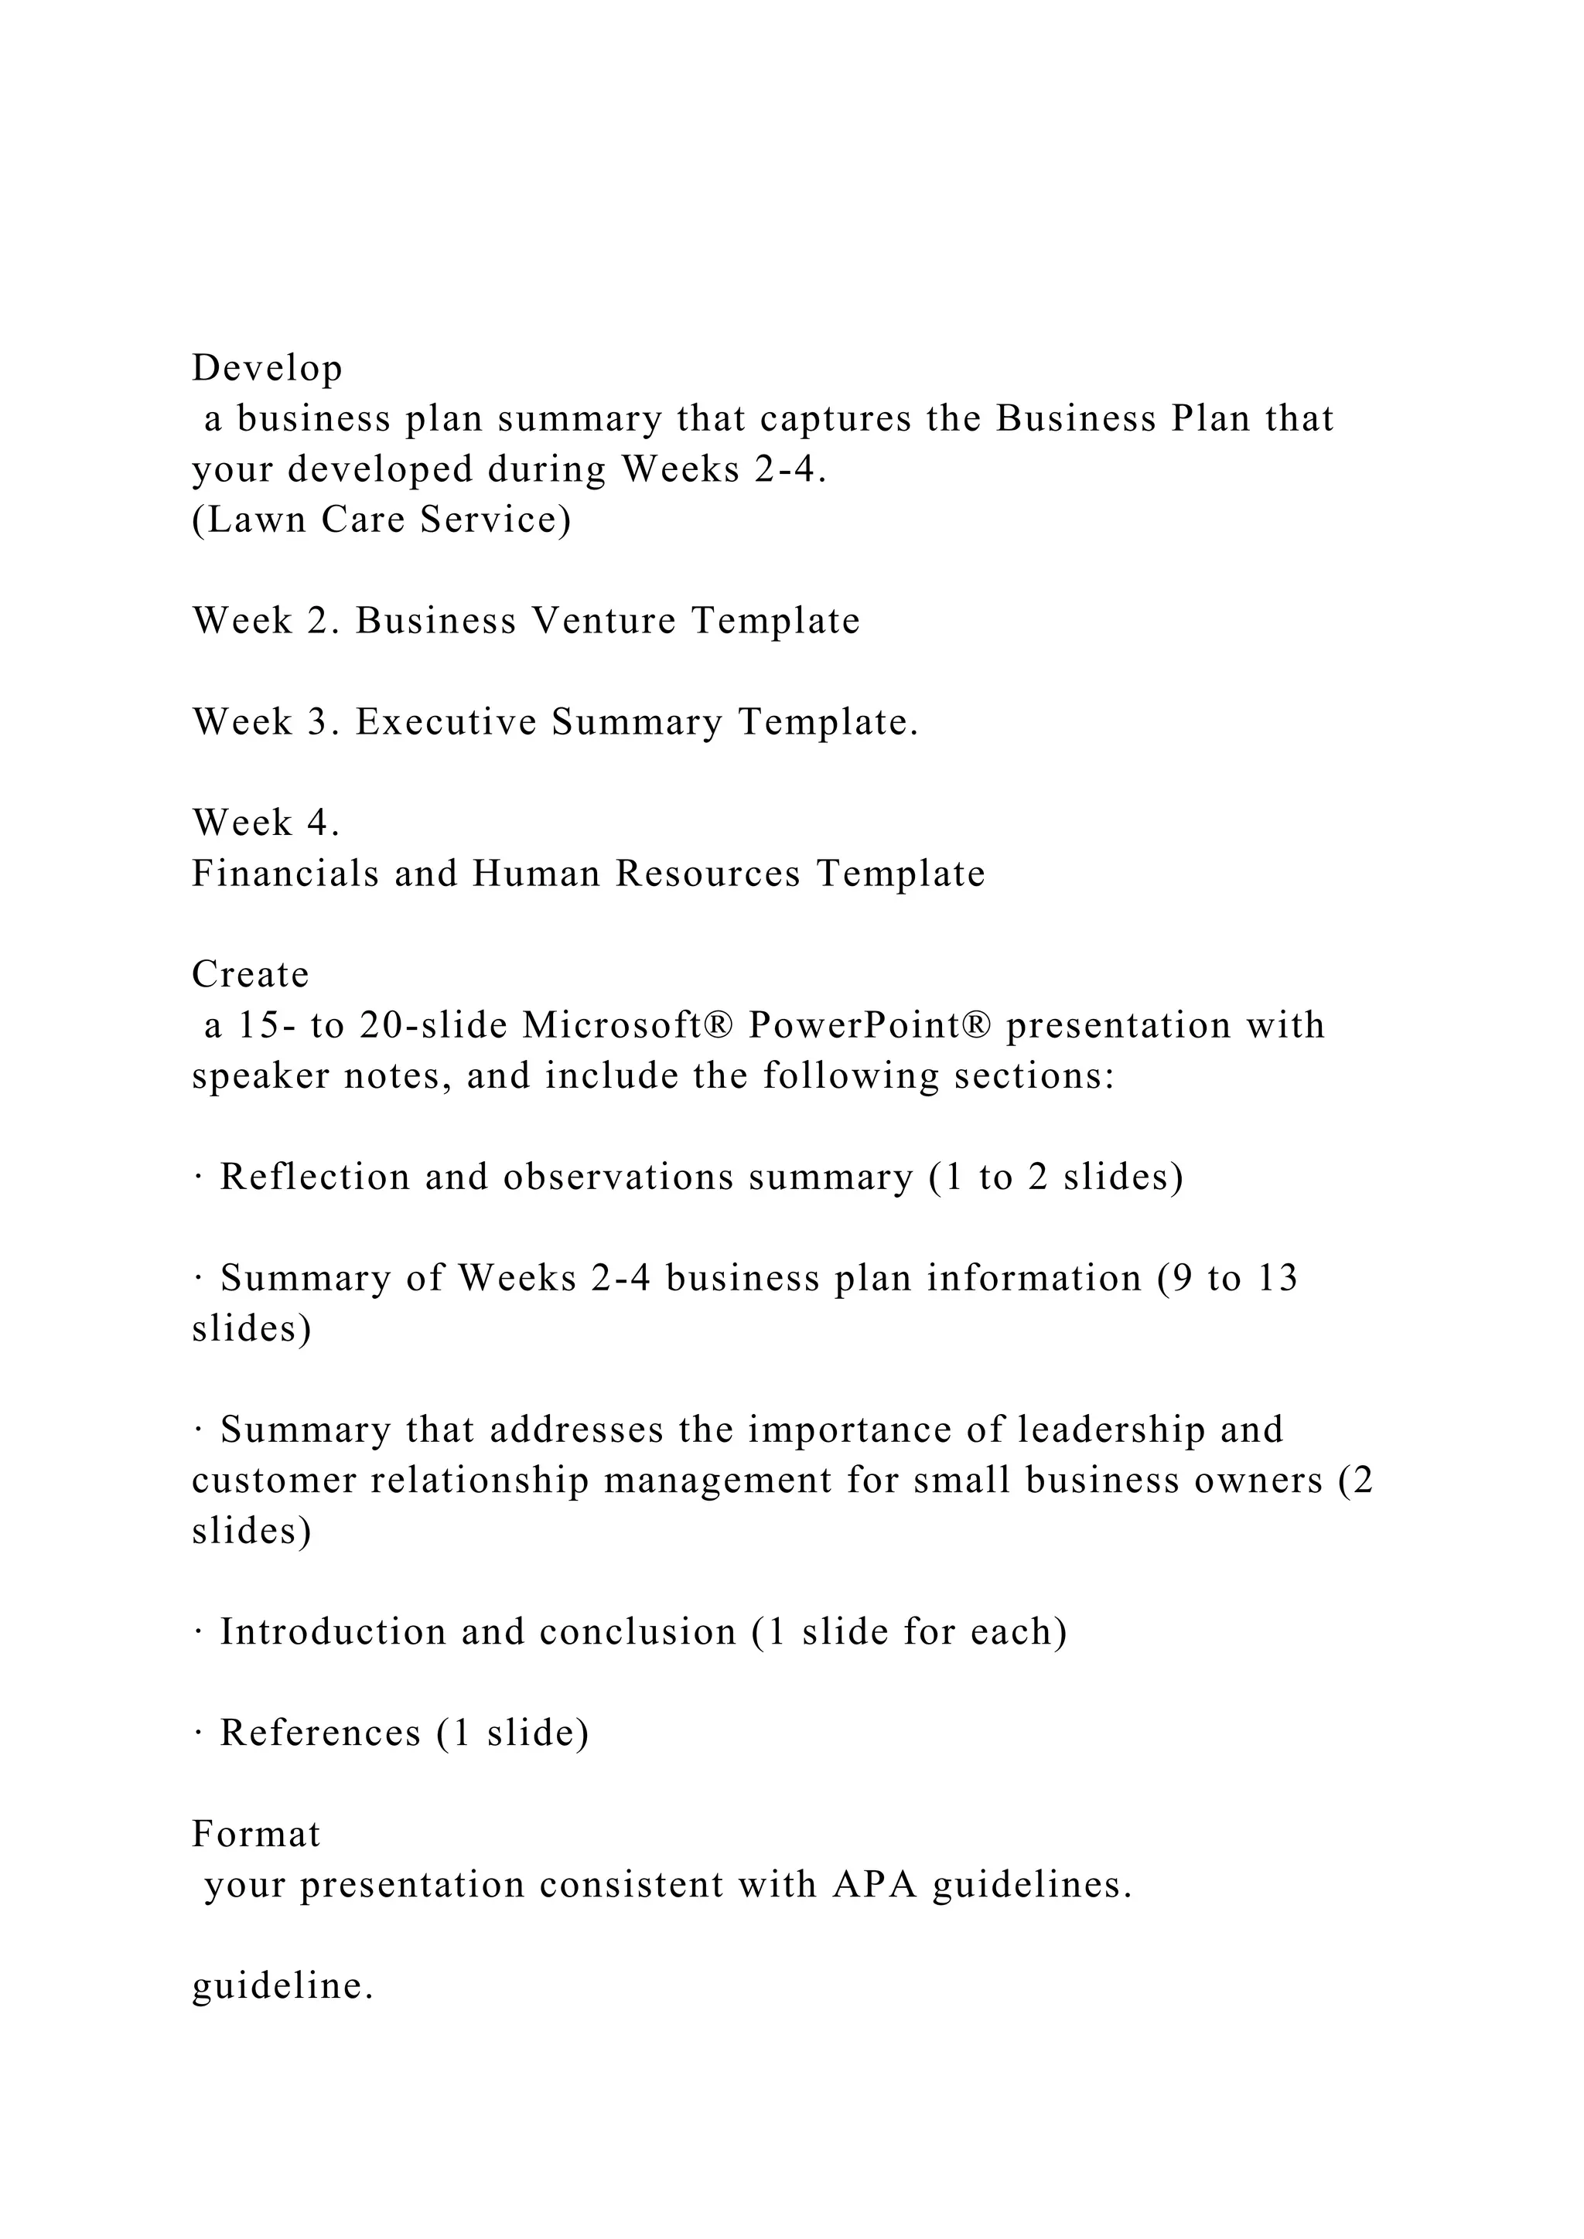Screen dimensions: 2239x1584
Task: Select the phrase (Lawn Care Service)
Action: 381,520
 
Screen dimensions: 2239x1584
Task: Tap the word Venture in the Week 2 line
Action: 604,621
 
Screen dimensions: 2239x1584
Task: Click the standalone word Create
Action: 251,974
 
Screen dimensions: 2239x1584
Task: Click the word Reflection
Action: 315,1177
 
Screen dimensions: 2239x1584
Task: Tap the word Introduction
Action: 333,1631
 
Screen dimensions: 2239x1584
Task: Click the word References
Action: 320,1733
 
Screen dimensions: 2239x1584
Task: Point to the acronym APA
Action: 874,1885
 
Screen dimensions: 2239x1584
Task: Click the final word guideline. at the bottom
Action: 283,1986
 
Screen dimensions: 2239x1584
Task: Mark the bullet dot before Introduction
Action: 198,1632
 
